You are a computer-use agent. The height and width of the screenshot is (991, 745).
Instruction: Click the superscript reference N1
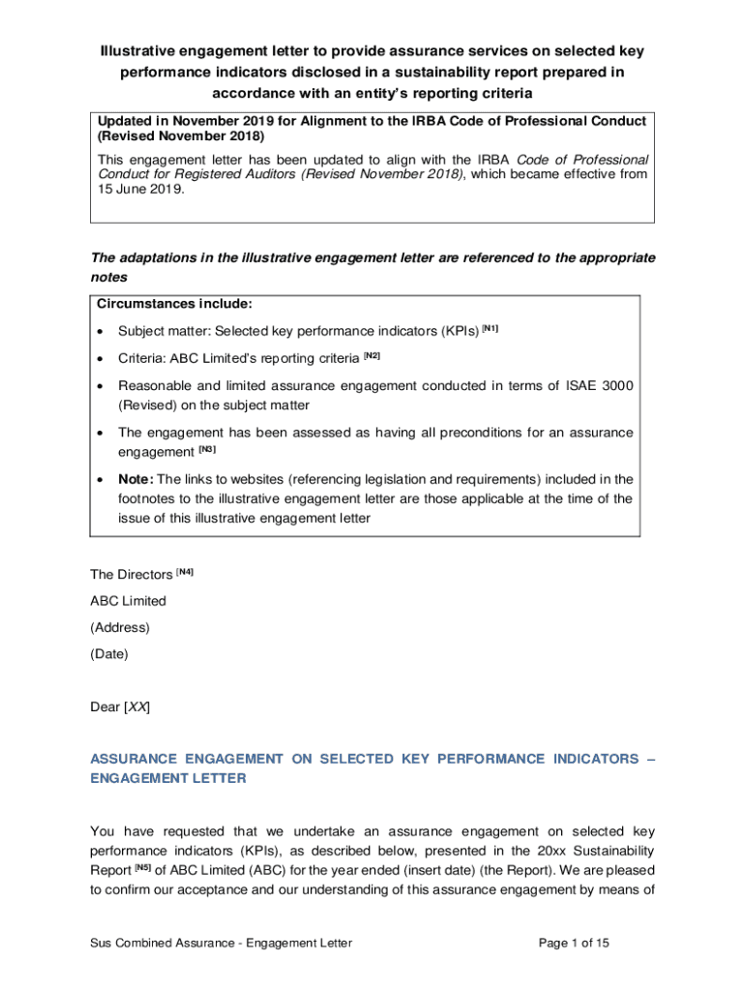[491, 328]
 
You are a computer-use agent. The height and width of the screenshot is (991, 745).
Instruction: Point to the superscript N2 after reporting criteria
[372, 355]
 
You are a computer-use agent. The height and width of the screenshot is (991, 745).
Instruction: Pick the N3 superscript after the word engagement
[207, 449]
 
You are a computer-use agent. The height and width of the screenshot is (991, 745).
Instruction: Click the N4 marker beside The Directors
[185, 572]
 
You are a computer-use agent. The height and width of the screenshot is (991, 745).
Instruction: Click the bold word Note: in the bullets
[135, 479]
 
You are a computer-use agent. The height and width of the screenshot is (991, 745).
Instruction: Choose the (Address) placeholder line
[120, 627]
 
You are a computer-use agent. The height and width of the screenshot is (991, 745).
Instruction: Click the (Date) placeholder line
[108, 653]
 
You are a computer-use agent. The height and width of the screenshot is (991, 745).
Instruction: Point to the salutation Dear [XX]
[120, 706]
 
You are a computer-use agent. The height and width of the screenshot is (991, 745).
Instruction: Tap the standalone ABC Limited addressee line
[128, 601]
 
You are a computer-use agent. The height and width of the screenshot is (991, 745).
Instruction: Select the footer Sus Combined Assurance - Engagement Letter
[222, 943]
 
